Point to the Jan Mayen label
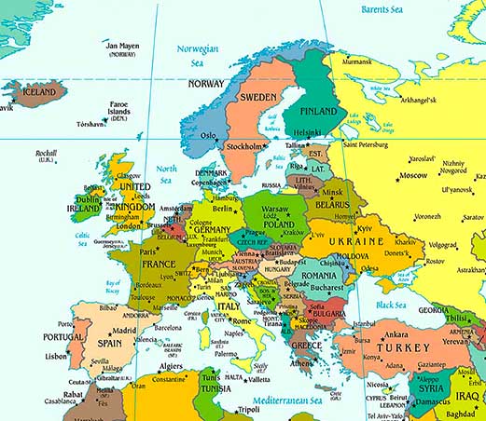[121, 48]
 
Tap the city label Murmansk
[356, 62]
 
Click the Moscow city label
[412, 175]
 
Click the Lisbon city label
[56, 355]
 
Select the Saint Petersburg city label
[373, 144]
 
